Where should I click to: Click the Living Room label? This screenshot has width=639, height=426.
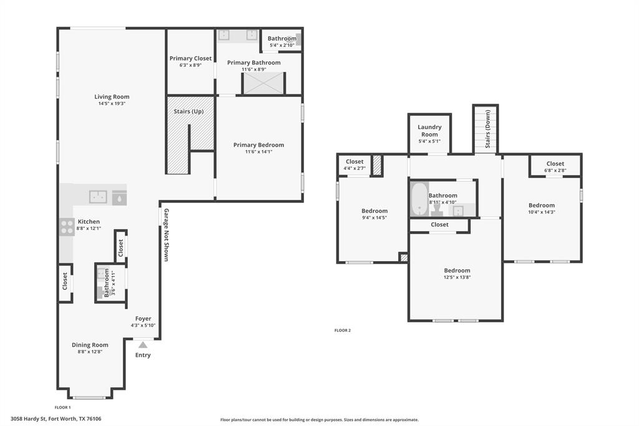112,97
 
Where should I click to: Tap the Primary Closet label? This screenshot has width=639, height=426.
190,58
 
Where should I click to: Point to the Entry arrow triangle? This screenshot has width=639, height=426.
143,344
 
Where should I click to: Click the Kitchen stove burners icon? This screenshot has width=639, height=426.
67,227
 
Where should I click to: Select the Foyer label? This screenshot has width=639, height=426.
143,319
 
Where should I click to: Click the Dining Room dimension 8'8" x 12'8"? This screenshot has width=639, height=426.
90,352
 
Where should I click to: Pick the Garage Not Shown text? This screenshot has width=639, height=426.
167,234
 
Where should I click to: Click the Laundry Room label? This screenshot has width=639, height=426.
429,131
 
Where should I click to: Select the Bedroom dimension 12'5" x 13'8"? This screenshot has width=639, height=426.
457,277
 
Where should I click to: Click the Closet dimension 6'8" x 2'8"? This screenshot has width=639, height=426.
555,171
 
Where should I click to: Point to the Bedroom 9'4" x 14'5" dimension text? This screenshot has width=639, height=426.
374,217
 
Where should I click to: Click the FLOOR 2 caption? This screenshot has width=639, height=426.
342,330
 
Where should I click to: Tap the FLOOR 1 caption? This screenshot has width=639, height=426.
62,407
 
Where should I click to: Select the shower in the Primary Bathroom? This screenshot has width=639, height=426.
263,84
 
